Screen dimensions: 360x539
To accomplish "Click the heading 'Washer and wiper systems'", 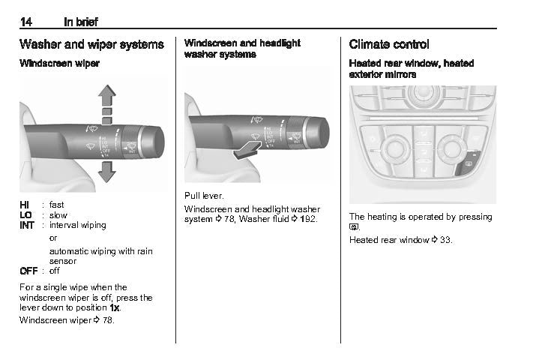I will (x=91, y=44).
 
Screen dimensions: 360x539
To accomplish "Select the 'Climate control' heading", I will (x=389, y=44).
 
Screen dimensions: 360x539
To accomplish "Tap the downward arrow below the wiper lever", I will (x=107, y=172).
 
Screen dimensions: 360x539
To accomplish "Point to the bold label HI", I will (x=25, y=204).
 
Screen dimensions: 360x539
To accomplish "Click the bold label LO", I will (x=26, y=214).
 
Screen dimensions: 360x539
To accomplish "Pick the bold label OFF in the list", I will (x=28, y=271).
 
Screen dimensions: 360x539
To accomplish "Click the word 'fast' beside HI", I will (x=57, y=204).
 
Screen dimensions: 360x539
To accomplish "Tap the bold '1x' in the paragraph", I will (x=115, y=307).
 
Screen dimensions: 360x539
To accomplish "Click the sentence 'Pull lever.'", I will (x=204, y=195).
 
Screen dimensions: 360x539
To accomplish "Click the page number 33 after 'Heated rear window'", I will (x=446, y=240).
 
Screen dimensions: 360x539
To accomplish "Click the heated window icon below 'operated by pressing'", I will (x=354, y=226).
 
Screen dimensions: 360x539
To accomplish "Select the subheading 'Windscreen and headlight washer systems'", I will (x=242, y=49).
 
